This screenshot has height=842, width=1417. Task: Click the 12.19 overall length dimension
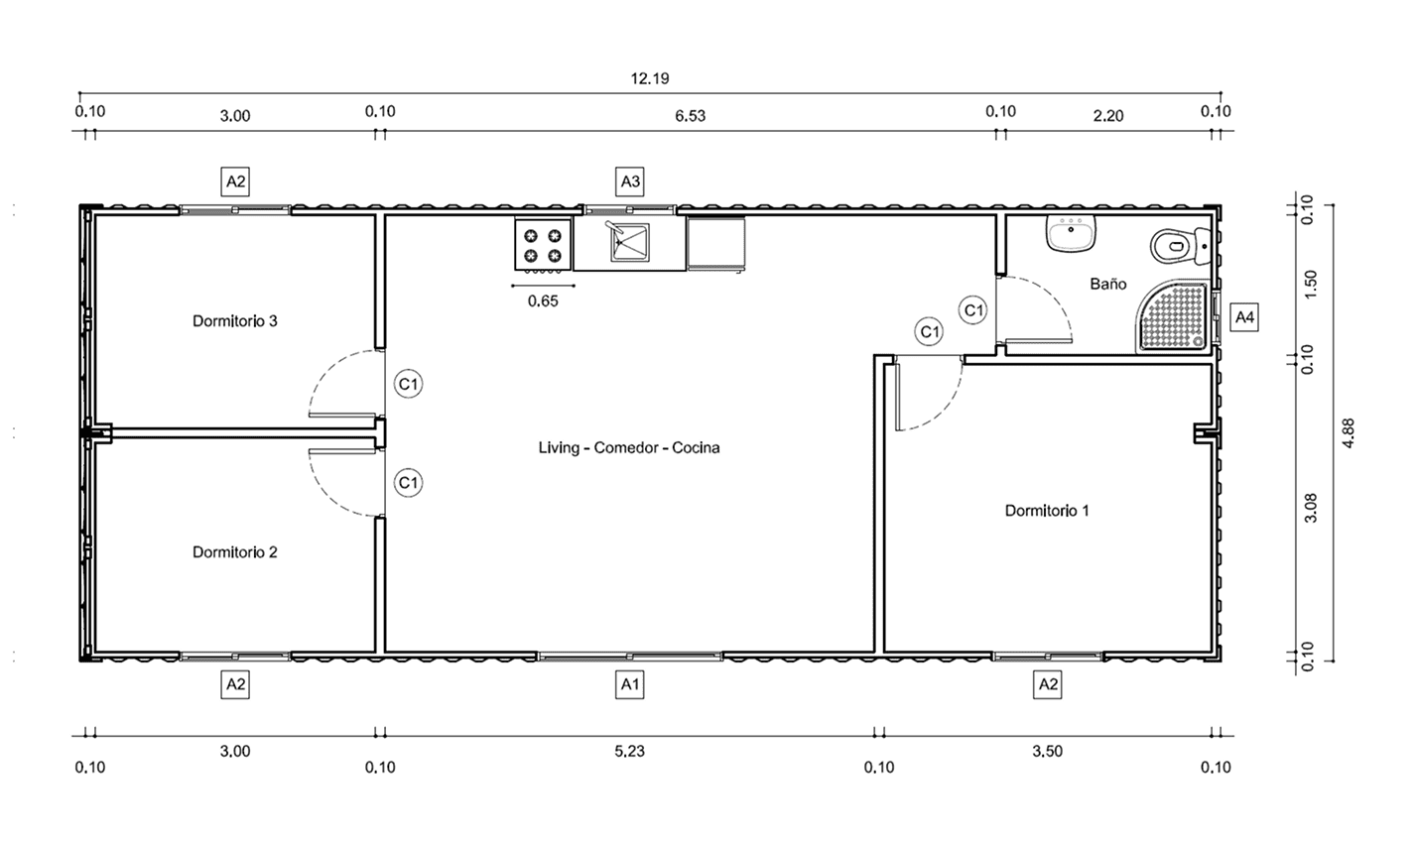650,78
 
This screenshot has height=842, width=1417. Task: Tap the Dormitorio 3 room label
235,321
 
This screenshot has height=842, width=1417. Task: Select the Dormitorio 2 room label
235,552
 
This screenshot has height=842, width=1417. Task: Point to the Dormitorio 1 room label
1047,511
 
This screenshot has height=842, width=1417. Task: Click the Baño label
1108,284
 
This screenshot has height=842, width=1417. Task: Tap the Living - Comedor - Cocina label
629,447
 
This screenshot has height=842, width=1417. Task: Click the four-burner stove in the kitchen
543,245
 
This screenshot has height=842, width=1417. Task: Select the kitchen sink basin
630,242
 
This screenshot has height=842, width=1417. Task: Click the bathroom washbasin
1071,233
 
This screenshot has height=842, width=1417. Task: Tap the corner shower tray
1175,316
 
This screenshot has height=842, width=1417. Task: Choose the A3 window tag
630,181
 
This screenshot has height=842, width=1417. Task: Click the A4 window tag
1244,316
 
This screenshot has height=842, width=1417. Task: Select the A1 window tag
630,684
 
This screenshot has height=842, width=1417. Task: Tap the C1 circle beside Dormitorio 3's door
409,384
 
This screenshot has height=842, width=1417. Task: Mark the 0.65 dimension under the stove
543,301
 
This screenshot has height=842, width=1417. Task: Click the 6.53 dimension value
690,116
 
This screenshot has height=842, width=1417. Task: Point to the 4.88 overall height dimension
1349,433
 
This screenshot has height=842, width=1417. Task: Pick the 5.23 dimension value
629,751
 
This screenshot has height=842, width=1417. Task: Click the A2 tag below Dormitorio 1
1048,684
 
